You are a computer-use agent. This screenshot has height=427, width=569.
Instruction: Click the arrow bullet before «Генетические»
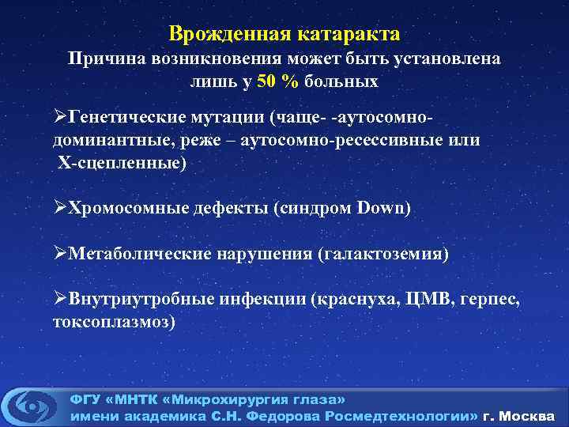click(x=61, y=117)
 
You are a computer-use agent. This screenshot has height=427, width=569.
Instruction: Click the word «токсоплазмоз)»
click(x=114, y=322)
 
